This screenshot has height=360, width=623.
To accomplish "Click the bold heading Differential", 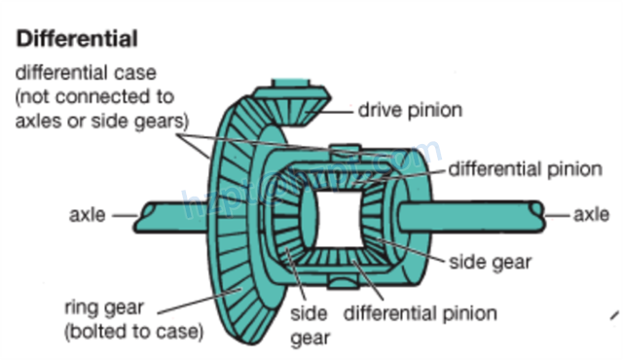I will click(75, 40).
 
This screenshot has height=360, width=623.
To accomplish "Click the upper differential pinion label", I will click(526, 168).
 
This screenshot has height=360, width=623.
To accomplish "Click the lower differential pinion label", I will click(421, 313).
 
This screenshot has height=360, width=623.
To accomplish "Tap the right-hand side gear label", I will click(489, 264).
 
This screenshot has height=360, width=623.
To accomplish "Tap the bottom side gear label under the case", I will click(311, 326).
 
